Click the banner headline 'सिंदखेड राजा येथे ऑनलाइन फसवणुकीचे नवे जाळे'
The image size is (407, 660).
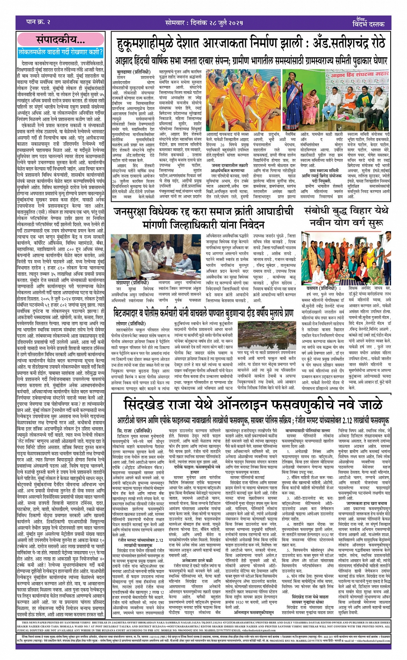[253, 405]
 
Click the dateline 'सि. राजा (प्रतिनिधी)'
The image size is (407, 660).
[134, 431]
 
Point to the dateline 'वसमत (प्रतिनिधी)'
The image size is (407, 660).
[321, 288]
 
